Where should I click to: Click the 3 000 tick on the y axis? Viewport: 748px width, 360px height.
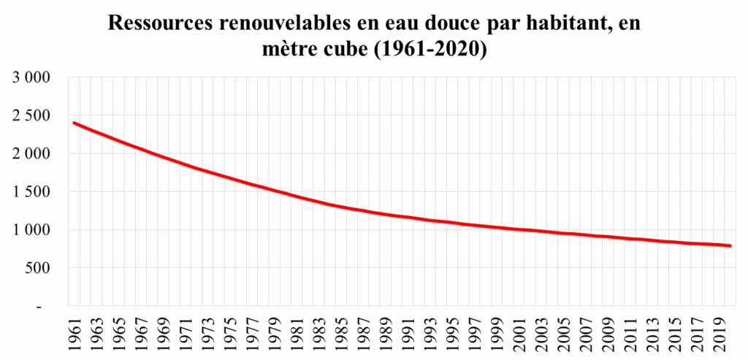tap(30, 77)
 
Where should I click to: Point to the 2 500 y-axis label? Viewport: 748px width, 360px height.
tap(30, 115)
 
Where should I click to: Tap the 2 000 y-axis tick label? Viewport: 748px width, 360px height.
tap(30, 153)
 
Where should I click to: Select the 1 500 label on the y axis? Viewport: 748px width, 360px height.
tap(30, 192)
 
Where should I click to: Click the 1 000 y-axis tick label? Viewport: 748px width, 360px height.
tap(30, 230)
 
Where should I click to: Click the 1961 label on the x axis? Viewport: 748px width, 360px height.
tap(75, 332)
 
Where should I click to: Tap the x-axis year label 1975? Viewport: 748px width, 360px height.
tap(230, 332)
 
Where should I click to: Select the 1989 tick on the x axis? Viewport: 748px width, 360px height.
tap(386, 332)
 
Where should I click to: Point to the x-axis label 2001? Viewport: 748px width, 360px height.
tap(519, 332)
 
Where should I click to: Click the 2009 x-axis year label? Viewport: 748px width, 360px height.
tap(608, 332)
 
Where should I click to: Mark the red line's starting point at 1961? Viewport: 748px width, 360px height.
tap(75, 123)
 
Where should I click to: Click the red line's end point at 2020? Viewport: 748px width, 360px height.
tap(730, 246)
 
